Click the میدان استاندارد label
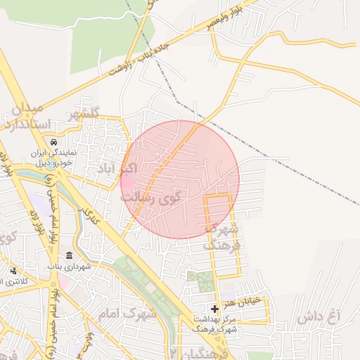coord(32,117)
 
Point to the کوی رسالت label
coord(150,198)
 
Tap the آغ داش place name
coord(318,317)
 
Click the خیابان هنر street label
coord(243,301)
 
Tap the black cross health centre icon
coord(214,309)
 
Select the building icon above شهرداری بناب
coord(69,255)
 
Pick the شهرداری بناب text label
coord(69,267)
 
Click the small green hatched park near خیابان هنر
coord(201,281)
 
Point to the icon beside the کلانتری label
coord(13,271)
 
